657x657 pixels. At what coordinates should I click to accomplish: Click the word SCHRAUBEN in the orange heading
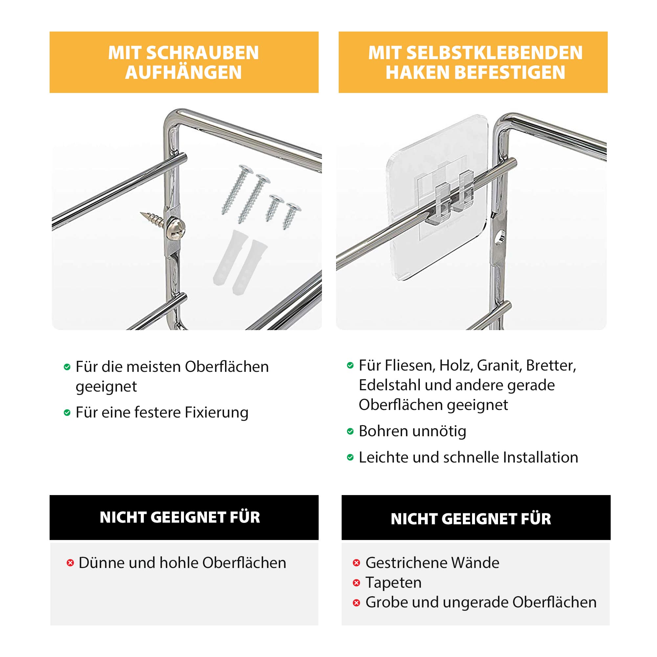[x=203, y=53]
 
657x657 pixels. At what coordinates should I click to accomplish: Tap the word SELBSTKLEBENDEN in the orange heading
[x=495, y=53]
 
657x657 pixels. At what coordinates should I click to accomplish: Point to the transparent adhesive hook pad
[x=438, y=197]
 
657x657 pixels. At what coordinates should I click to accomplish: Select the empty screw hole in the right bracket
[x=500, y=237]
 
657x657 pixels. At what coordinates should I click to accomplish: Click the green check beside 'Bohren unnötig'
[x=350, y=432]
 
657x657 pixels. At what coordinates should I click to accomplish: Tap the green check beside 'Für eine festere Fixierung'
[x=67, y=413]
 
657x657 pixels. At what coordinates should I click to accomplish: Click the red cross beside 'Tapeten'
[x=356, y=583]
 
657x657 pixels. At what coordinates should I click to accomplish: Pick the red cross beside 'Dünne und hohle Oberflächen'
[x=70, y=563]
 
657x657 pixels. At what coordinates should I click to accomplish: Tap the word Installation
[x=541, y=457]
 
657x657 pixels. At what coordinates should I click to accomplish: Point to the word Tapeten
[x=394, y=583]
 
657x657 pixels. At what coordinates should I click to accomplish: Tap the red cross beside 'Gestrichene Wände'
[x=356, y=563]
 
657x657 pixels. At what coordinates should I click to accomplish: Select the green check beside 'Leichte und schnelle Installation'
[x=350, y=457]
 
